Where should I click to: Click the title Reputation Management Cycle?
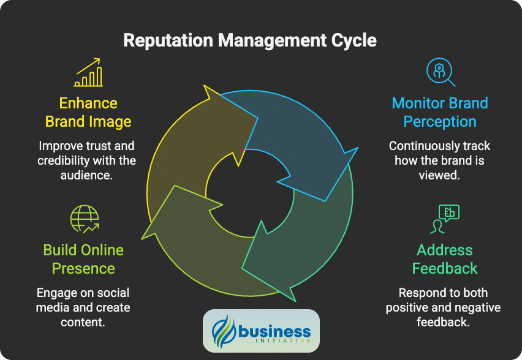249,41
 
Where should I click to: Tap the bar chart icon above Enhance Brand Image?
88,73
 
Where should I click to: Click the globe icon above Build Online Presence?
85,219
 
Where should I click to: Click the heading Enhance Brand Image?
88,112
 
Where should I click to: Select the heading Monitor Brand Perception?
440,112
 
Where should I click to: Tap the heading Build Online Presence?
83,259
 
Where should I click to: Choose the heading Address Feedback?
445,259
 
